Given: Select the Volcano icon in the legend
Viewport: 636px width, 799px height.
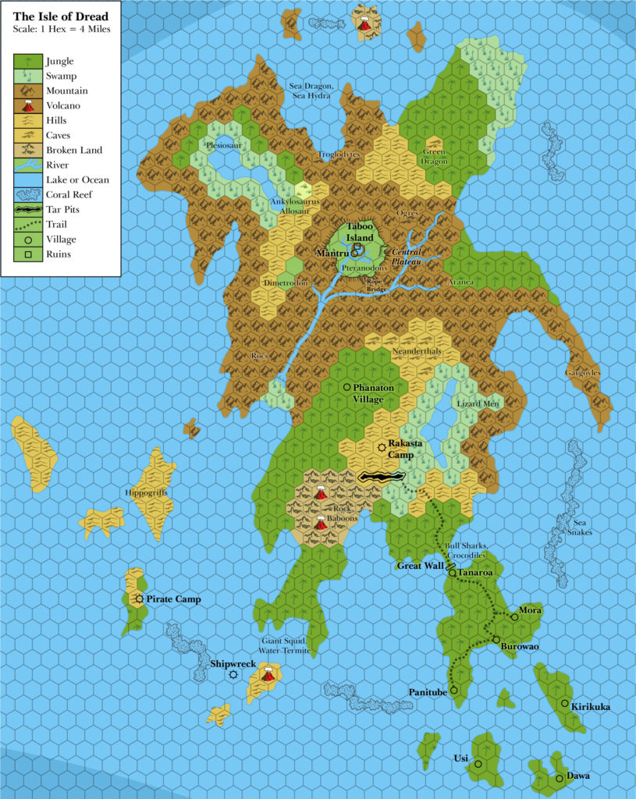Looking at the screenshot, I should (29, 105).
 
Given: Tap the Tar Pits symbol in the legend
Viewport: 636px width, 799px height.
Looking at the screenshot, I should (29, 210).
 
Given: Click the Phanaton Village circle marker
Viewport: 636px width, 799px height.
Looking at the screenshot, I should (346, 387).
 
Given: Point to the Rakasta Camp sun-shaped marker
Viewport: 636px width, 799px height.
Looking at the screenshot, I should (381, 447).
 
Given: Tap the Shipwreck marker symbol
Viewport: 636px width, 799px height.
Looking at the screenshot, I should (233, 674).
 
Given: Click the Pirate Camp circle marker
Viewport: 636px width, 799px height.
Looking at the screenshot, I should (139, 599).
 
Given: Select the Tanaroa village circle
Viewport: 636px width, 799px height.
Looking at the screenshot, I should (452, 574).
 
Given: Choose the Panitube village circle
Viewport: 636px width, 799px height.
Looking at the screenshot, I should (453, 691).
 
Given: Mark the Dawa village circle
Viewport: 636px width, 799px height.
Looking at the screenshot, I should (560, 778).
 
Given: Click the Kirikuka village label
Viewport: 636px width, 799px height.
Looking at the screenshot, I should (591, 707).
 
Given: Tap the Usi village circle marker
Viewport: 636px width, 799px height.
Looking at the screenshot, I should (478, 764).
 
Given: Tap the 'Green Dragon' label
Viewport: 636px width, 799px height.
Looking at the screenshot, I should (435, 156).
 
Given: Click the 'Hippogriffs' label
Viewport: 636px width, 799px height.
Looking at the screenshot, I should (145, 493).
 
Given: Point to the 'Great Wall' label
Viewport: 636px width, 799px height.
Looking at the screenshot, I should (420, 566).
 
